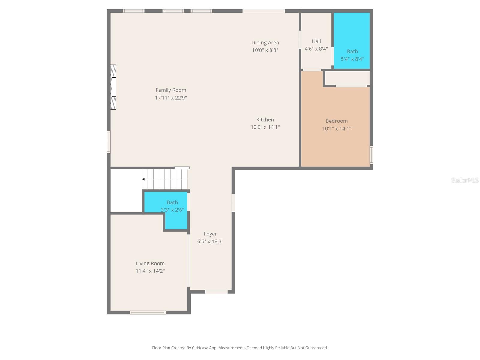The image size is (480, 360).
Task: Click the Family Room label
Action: [x=171, y=90]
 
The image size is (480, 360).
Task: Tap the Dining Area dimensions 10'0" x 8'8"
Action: [x=265, y=50]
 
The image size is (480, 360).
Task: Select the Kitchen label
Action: [x=265, y=119]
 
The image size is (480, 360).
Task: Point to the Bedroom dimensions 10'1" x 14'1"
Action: [x=337, y=128]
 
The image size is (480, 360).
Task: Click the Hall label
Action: [x=316, y=41]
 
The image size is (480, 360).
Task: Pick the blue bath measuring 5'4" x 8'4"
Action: [x=352, y=41]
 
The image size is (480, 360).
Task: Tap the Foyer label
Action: [x=210, y=234]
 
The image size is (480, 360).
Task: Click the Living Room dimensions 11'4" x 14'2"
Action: [x=150, y=271]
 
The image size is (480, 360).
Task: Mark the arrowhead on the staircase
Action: [x=143, y=179]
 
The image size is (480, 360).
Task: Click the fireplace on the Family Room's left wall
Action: [x=113, y=87]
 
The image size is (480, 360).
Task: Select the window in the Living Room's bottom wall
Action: [x=148, y=313]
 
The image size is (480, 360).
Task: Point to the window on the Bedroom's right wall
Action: [x=371, y=155]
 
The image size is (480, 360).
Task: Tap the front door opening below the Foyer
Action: [x=216, y=292]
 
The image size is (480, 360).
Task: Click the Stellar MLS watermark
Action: [x=465, y=180]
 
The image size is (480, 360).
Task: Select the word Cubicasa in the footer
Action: [x=200, y=348]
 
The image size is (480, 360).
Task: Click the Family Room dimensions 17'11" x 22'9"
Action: [x=171, y=97]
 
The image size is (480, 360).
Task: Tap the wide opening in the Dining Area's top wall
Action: [x=263, y=11]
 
